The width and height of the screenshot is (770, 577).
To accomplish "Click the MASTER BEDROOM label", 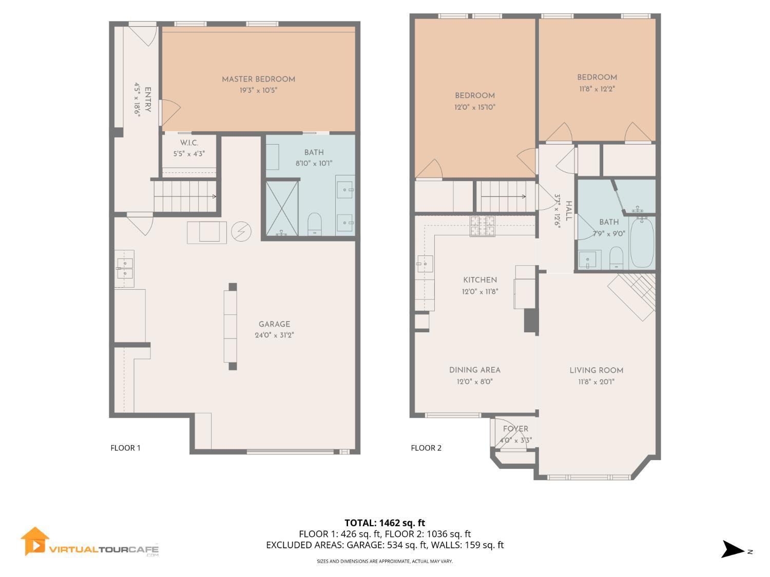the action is (258, 79).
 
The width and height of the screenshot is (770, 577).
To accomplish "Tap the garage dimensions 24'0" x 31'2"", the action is (274, 335).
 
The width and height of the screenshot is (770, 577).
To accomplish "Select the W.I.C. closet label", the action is (189, 143).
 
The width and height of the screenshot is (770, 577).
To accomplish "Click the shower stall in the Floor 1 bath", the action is (282, 208).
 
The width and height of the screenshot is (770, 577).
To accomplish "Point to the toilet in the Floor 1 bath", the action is (314, 224).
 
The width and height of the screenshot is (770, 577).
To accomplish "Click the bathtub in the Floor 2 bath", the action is (642, 243).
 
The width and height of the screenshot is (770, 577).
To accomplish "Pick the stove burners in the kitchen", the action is (483, 226).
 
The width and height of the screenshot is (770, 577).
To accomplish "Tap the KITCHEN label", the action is (480, 280).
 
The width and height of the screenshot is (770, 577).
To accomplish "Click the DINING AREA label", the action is (475, 370).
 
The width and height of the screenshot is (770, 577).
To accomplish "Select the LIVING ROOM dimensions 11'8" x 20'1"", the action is (596, 382).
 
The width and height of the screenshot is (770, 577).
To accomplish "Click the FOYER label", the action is (515, 428).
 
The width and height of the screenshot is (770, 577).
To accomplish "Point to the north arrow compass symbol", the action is (734, 549).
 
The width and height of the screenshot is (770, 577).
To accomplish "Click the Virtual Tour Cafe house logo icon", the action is (34, 541).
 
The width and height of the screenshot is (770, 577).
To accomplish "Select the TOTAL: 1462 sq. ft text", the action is (385, 523).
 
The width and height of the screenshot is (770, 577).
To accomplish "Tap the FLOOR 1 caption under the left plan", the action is (125, 448).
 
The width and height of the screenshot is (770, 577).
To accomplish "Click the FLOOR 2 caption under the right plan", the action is (426, 448).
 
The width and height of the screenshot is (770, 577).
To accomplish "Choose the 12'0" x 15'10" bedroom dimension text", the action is (475, 107).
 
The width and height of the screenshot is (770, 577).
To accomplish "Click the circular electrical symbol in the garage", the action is (241, 231).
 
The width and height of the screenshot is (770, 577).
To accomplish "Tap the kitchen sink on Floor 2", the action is (425, 264).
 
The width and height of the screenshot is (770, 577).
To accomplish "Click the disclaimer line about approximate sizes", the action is (385, 561).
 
